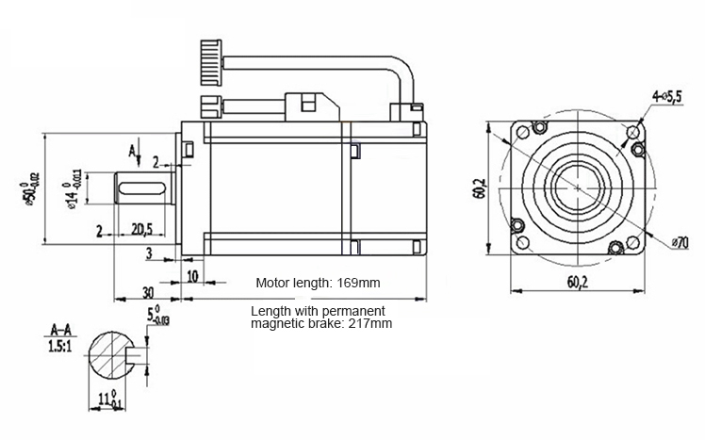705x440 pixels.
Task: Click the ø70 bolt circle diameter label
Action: tap(680, 243)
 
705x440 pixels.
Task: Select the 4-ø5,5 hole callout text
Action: tap(667, 96)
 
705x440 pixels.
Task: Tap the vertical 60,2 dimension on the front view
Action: tap(480, 188)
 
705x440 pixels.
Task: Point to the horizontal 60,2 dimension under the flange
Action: tap(578, 282)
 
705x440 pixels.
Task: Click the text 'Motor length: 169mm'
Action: tap(318, 283)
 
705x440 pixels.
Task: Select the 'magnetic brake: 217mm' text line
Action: tap(321, 323)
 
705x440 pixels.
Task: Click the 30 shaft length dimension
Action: tap(148, 293)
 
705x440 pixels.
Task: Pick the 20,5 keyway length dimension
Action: tap(142, 229)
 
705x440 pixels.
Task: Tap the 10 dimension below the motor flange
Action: tap(192, 276)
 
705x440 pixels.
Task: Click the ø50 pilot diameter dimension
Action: tap(29, 188)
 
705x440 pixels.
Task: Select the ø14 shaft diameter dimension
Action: tap(73, 189)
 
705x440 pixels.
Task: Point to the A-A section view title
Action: tap(60, 331)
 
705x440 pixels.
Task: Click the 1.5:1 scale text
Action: tap(59, 347)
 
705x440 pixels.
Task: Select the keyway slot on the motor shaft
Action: tap(140, 187)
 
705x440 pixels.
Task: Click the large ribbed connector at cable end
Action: tap(211, 62)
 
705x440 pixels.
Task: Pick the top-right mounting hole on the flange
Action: tap(633, 132)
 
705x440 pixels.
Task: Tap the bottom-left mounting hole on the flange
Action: tap(523, 243)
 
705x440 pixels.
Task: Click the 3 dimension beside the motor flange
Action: tap(149, 253)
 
